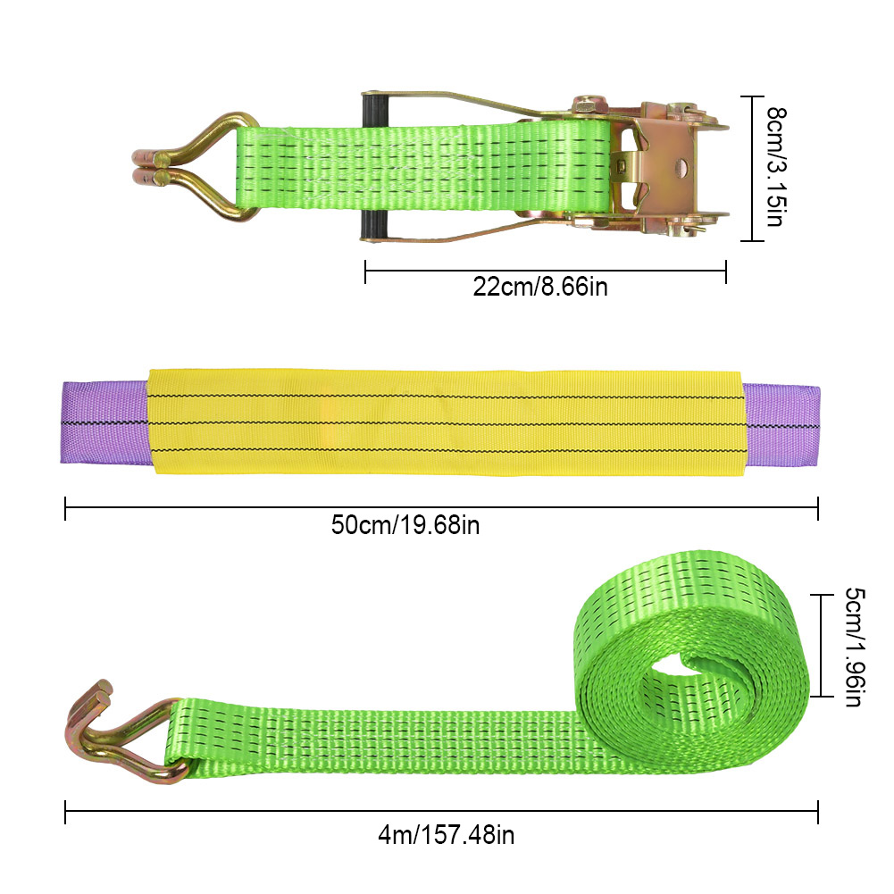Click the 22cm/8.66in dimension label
540,286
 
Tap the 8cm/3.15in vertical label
775,166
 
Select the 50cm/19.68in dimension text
405,524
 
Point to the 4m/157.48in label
447,835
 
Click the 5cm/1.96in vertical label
855,648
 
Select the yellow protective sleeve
446,422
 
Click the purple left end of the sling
104,422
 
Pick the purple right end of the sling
781,425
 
